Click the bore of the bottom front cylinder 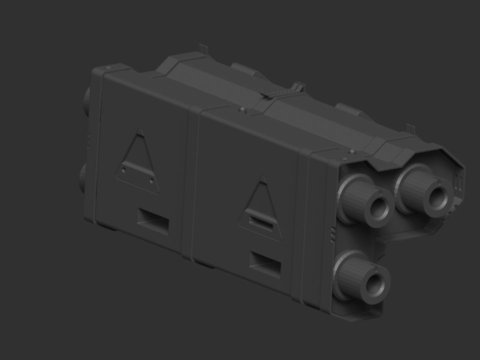tap(374, 282)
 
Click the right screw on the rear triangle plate tap(151, 178)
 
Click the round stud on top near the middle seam tap(242, 108)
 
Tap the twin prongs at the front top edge tap(410, 128)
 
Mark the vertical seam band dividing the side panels tap(193, 185)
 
